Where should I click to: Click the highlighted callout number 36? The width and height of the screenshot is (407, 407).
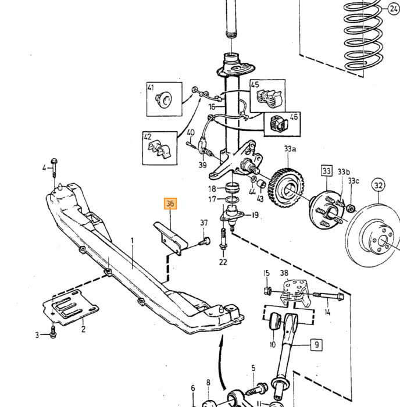tap(170, 203)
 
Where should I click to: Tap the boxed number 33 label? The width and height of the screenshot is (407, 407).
tap(327, 170)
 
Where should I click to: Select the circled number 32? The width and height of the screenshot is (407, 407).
tap(379, 185)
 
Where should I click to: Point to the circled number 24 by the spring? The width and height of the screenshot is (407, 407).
tap(394, 9)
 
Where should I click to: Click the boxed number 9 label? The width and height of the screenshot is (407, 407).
tap(316, 344)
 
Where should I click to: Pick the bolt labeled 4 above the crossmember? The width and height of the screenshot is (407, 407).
tap(54, 167)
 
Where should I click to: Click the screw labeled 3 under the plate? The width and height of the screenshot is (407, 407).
tap(53, 332)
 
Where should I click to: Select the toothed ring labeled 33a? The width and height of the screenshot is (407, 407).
tap(288, 188)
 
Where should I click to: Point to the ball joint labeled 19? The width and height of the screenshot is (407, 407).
tap(232, 216)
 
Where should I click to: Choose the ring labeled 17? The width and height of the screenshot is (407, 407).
tap(231, 199)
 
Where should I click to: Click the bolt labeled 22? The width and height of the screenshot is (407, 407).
tap(223, 239)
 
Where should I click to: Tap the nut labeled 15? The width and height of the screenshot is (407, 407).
tap(267, 291)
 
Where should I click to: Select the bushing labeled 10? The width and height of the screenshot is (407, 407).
tap(275, 322)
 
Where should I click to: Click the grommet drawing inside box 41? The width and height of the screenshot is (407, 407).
tap(164, 100)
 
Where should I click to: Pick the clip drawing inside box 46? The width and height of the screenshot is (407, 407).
tap(279, 124)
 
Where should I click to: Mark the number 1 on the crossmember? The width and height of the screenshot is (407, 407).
tap(132, 241)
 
